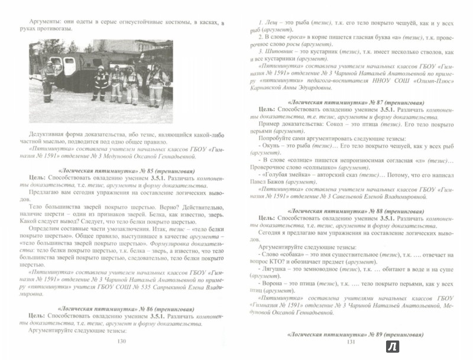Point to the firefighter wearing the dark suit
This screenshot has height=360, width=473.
coord(101,82)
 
